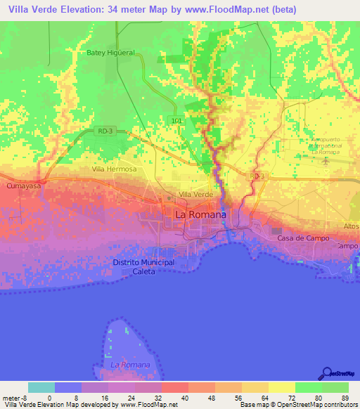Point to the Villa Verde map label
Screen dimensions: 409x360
(195, 194)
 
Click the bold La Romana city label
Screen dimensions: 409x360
(200, 214)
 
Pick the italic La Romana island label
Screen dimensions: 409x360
(131, 365)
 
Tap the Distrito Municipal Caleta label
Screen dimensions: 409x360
(143, 266)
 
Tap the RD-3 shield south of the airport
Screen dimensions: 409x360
(258, 176)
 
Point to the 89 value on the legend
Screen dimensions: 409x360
(345, 398)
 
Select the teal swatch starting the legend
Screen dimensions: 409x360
(41, 387)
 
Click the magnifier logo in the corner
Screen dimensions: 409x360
(328, 373)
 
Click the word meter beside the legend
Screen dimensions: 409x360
(11, 398)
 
